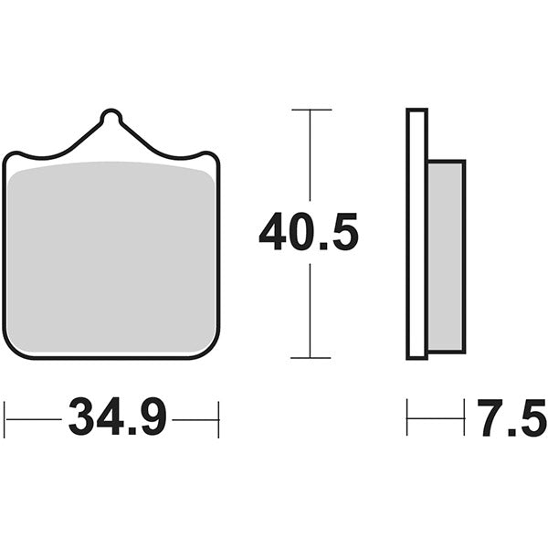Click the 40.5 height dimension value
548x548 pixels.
pos(309,232)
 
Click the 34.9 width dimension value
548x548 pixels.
pos(118,419)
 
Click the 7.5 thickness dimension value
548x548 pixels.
pos(512,419)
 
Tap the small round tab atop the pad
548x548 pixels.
pos(111,117)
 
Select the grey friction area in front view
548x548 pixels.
pos(111,260)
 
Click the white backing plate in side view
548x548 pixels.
pos(416,233)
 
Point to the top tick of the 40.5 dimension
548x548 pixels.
pos(310,110)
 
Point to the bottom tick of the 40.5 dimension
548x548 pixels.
pos(310,358)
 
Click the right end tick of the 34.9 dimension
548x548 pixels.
pos(218,419)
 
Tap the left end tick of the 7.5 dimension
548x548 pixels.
pos(407,419)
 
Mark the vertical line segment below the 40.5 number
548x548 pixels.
pos(310,311)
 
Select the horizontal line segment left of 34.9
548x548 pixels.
pos(34,419)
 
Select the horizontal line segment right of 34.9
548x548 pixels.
pos(195,419)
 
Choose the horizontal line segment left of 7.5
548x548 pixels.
pos(437,419)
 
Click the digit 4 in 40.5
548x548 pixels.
pos(273,232)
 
